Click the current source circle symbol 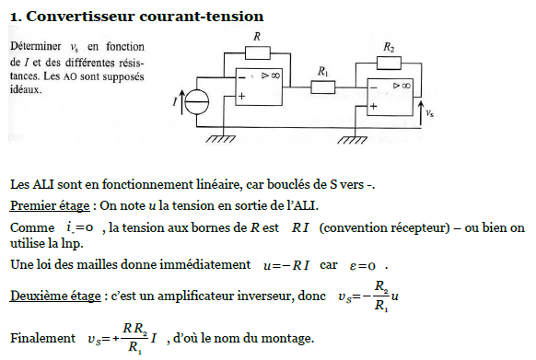197,102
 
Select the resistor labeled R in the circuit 258,53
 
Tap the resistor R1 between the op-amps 322,87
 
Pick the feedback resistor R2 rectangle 389,64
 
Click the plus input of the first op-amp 241,96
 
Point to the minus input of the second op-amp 373,87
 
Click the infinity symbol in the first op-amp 275,75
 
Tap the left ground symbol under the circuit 220,139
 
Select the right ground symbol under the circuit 352,140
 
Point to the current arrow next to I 181,101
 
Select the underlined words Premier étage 50,206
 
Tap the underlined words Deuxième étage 55,296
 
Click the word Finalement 42,338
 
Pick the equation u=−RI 286,265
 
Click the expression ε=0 362,266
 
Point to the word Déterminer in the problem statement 36,46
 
